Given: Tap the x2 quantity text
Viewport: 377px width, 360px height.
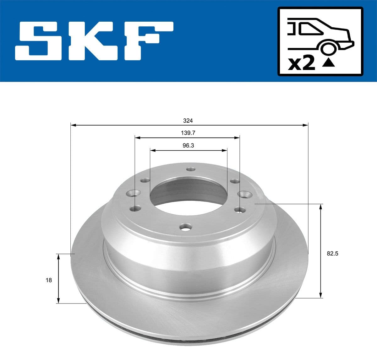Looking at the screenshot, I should tap(302, 64).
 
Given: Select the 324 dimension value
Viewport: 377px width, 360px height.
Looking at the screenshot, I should tap(188, 121).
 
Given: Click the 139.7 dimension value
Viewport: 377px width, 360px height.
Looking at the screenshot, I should tap(188, 133).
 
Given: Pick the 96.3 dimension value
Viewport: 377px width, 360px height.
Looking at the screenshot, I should tap(188, 146).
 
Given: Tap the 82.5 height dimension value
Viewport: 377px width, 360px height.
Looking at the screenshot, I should tap(332, 254).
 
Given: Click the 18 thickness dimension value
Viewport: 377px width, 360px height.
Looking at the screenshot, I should tap(49, 280).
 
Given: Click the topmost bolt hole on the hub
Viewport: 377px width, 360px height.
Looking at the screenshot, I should tap(190, 169).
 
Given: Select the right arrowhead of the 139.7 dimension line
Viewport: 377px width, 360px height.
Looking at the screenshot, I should tap(237, 137).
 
